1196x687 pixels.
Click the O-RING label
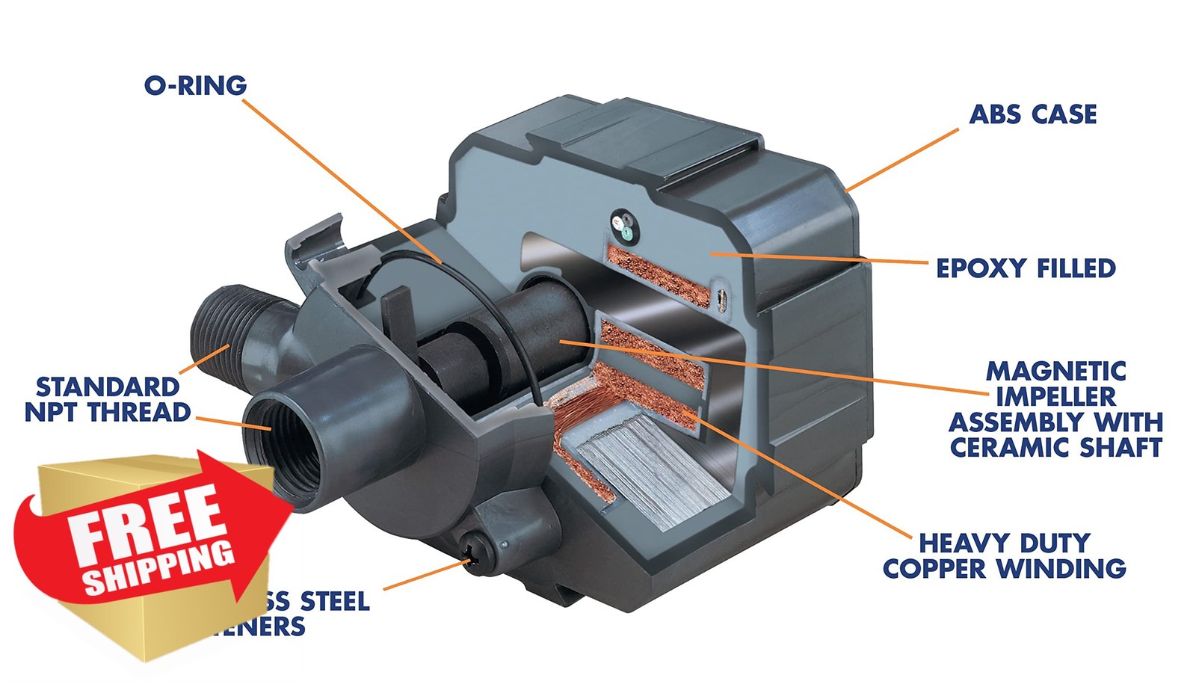[x=195, y=85]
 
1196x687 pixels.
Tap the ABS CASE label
[x=1032, y=114]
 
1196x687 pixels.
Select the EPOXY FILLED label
[x=1025, y=268]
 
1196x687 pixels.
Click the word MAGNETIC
[x=1055, y=372]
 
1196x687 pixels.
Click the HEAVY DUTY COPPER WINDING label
[x=1004, y=555]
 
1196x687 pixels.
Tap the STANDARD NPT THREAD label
[x=108, y=399]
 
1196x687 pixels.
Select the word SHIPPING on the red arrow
[x=159, y=568]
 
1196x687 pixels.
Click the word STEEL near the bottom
[x=334, y=601]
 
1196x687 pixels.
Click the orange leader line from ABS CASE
[x=903, y=159]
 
